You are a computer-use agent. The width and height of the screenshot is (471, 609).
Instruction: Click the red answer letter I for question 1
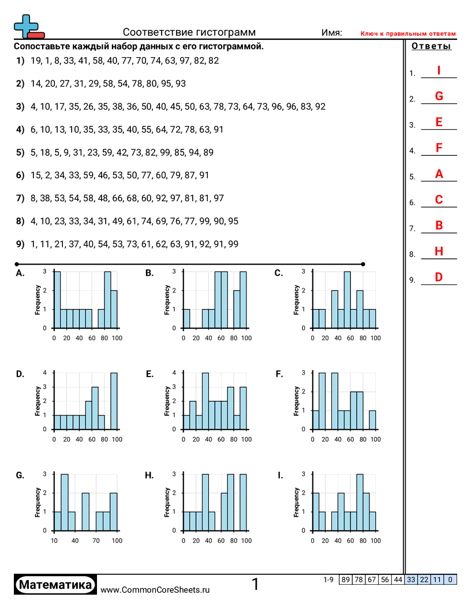[x=439, y=70]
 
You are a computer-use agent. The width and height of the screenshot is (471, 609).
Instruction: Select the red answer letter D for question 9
[x=439, y=277]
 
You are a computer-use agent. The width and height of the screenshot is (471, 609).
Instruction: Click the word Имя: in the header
[x=331, y=33]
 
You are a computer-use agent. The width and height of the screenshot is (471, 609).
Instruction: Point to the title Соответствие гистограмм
[x=189, y=32]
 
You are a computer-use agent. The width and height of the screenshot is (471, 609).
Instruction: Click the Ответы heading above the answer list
[x=431, y=47]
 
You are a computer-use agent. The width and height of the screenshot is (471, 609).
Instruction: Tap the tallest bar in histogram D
[x=114, y=401]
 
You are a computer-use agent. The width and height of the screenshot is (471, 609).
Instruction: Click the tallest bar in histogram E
[x=205, y=401]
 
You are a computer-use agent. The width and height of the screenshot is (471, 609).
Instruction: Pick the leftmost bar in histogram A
[x=57, y=299]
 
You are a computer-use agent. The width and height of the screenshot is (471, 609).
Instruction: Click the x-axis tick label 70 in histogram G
[x=96, y=540]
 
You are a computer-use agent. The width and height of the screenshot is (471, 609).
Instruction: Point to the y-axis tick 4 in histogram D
[x=45, y=373]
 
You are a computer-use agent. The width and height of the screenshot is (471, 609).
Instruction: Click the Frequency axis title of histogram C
[x=297, y=300]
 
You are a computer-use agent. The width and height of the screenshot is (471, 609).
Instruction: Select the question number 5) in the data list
[x=20, y=152]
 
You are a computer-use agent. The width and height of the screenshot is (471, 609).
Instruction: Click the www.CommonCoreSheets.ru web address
[x=155, y=589]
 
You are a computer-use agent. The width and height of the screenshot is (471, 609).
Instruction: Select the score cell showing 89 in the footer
[x=346, y=580]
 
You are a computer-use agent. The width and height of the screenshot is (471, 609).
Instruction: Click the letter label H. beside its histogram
[x=149, y=475]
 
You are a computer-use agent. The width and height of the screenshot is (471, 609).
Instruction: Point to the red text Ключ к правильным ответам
[x=408, y=34]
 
